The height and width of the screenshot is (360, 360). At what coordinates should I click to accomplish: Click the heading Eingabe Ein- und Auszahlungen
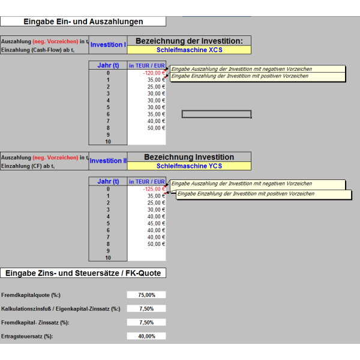click(83, 22)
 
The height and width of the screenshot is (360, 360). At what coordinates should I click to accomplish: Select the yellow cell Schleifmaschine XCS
click(189, 50)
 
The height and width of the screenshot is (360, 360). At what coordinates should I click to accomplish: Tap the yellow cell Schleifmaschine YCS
click(189, 166)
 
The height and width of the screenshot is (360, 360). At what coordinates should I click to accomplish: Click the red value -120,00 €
click(154, 73)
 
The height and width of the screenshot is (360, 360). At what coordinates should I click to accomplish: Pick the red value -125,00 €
click(154, 189)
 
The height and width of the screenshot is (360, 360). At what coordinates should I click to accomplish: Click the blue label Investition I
click(108, 44)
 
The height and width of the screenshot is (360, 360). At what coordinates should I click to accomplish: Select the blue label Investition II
click(108, 161)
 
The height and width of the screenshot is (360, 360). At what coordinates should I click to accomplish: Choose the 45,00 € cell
click(156, 223)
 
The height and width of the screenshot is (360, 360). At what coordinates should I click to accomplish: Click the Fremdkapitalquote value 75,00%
click(146, 295)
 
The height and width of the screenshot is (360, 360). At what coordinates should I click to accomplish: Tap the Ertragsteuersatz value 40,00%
click(146, 337)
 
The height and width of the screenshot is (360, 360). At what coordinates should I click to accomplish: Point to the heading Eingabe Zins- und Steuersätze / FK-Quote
click(83, 273)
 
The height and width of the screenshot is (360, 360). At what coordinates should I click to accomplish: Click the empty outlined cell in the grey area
click(217, 114)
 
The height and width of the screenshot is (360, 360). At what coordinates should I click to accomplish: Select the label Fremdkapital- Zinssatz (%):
click(35, 323)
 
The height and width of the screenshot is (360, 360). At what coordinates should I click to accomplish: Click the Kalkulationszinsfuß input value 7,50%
click(146, 309)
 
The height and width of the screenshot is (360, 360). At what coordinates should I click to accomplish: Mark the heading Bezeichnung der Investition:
click(189, 41)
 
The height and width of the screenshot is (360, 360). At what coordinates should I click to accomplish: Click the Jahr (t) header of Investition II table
click(108, 181)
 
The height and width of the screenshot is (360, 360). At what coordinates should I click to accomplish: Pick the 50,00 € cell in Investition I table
click(156, 128)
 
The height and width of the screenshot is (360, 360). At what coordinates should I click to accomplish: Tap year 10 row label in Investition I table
click(108, 142)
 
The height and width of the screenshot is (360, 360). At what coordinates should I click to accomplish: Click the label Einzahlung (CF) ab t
click(28, 166)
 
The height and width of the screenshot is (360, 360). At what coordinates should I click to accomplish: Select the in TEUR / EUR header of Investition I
click(147, 65)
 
